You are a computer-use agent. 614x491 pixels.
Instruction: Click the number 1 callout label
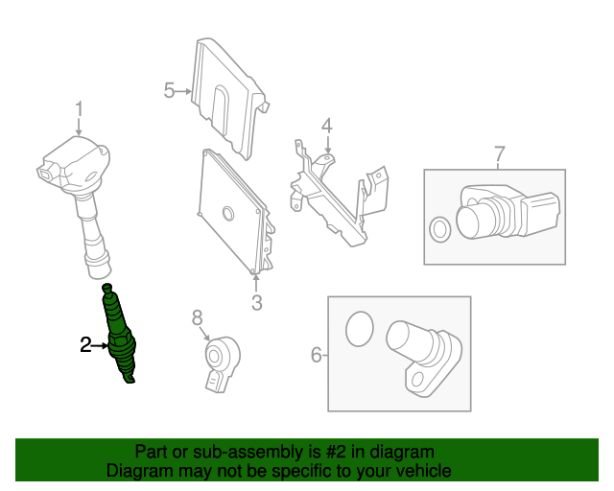79,109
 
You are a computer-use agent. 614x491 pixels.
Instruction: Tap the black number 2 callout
85,345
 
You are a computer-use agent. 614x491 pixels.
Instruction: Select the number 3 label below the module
256,302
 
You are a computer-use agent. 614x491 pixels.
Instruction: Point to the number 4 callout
327,126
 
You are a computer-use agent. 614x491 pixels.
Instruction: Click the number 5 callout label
169,90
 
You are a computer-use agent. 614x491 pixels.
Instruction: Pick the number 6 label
317,355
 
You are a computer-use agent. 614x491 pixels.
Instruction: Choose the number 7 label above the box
500,154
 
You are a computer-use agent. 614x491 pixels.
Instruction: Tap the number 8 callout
197,317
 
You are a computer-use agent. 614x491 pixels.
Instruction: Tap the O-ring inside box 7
440,229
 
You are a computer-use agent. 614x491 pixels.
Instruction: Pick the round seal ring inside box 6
360,329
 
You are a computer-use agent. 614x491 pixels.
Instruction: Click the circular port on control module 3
227,214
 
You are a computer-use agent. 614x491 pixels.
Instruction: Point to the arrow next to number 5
183,91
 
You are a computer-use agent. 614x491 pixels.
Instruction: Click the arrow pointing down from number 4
328,144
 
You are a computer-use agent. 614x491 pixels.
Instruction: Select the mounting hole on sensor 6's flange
418,380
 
